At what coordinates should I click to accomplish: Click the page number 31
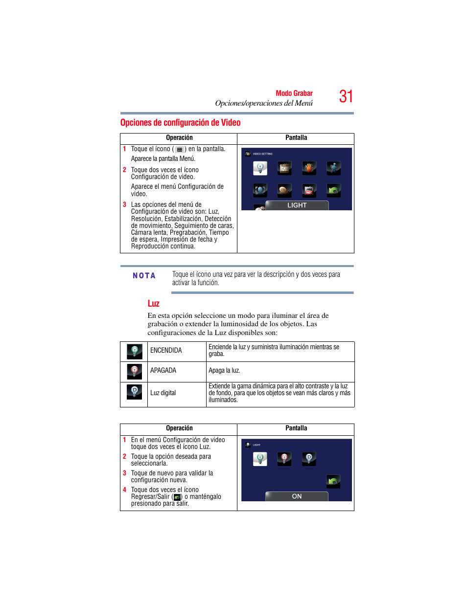pyautogui.click(x=346, y=96)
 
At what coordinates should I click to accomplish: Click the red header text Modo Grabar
pyautogui.click(x=294, y=93)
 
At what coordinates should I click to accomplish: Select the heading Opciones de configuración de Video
pyautogui.click(x=180, y=123)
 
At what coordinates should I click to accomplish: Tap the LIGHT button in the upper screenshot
pyautogui.click(x=297, y=205)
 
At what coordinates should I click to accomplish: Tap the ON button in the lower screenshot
pyautogui.click(x=297, y=496)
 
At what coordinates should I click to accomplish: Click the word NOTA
pyautogui.click(x=144, y=276)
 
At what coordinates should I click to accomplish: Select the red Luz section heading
pyautogui.click(x=153, y=304)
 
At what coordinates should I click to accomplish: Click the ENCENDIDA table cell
pyautogui.click(x=166, y=351)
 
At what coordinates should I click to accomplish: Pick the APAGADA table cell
pyautogui.click(x=163, y=371)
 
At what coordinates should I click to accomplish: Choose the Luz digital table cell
pyautogui.click(x=163, y=393)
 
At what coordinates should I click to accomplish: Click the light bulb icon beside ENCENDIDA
pyautogui.click(x=134, y=351)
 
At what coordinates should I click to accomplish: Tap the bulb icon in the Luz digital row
pyautogui.click(x=134, y=392)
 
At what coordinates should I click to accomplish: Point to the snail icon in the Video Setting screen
pyautogui.click(x=284, y=190)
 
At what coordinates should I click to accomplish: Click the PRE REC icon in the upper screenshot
pyautogui.click(x=309, y=190)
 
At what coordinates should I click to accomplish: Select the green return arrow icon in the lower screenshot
pyautogui.click(x=333, y=482)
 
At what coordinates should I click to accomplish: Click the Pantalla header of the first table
pyautogui.click(x=296, y=138)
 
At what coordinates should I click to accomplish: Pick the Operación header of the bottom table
pyautogui.click(x=179, y=428)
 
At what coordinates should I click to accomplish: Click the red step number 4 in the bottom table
pyautogui.click(x=124, y=490)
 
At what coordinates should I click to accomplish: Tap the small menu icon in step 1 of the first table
pyautogui.click(x=179, y=150)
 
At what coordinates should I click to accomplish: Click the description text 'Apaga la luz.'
pyautogui.click(x=224, y=371)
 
